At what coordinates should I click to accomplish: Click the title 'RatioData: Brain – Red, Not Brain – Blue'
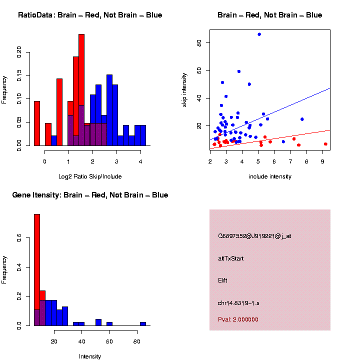tap(90, 15)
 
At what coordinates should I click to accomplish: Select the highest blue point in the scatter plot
tap(259, 34)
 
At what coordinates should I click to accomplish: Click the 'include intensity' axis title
tap(269, 176)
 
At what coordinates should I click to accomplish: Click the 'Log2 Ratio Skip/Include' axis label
tap(90, 176)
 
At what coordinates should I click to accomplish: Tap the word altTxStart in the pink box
tap(231, 258)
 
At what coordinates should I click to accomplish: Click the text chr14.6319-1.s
tap(238, 303)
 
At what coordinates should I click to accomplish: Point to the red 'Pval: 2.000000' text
tap(238, 319)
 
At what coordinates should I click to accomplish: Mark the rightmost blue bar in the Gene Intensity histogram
tap(143, 323)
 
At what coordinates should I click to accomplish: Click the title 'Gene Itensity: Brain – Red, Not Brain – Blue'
tap(90, 195)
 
